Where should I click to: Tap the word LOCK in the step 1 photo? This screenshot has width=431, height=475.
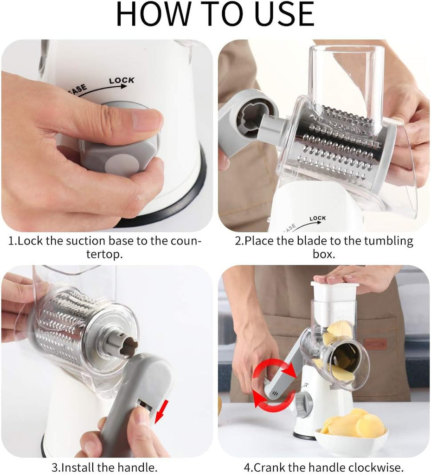[122, 80]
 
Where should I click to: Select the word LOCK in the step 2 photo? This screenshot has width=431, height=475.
[318, 218]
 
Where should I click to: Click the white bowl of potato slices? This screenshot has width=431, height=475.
[351, 436]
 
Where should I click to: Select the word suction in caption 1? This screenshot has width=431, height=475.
[85, 241]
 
